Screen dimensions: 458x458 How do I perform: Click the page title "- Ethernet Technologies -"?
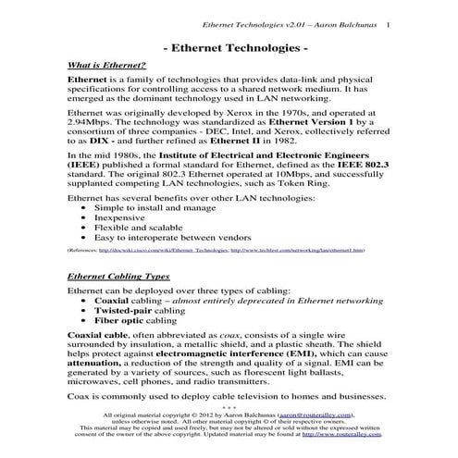tap(228, 45)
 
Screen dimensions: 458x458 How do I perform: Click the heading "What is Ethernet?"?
tap(107, 66)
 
